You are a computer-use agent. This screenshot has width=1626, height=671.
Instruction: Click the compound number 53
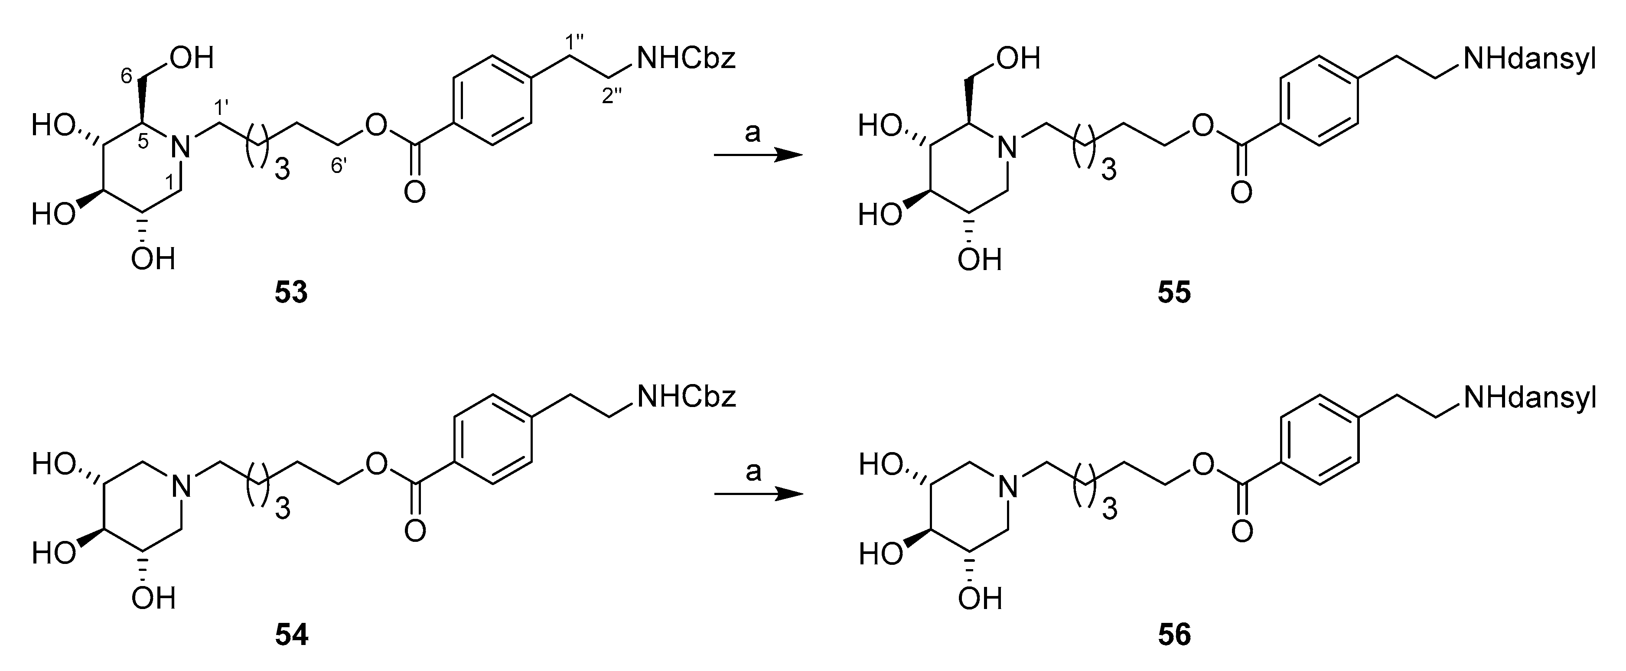[x=291, y=293]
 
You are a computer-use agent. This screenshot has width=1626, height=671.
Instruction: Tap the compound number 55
[x=1174, y=293]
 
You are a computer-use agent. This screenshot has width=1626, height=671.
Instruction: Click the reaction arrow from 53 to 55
[x=757, y=155]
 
